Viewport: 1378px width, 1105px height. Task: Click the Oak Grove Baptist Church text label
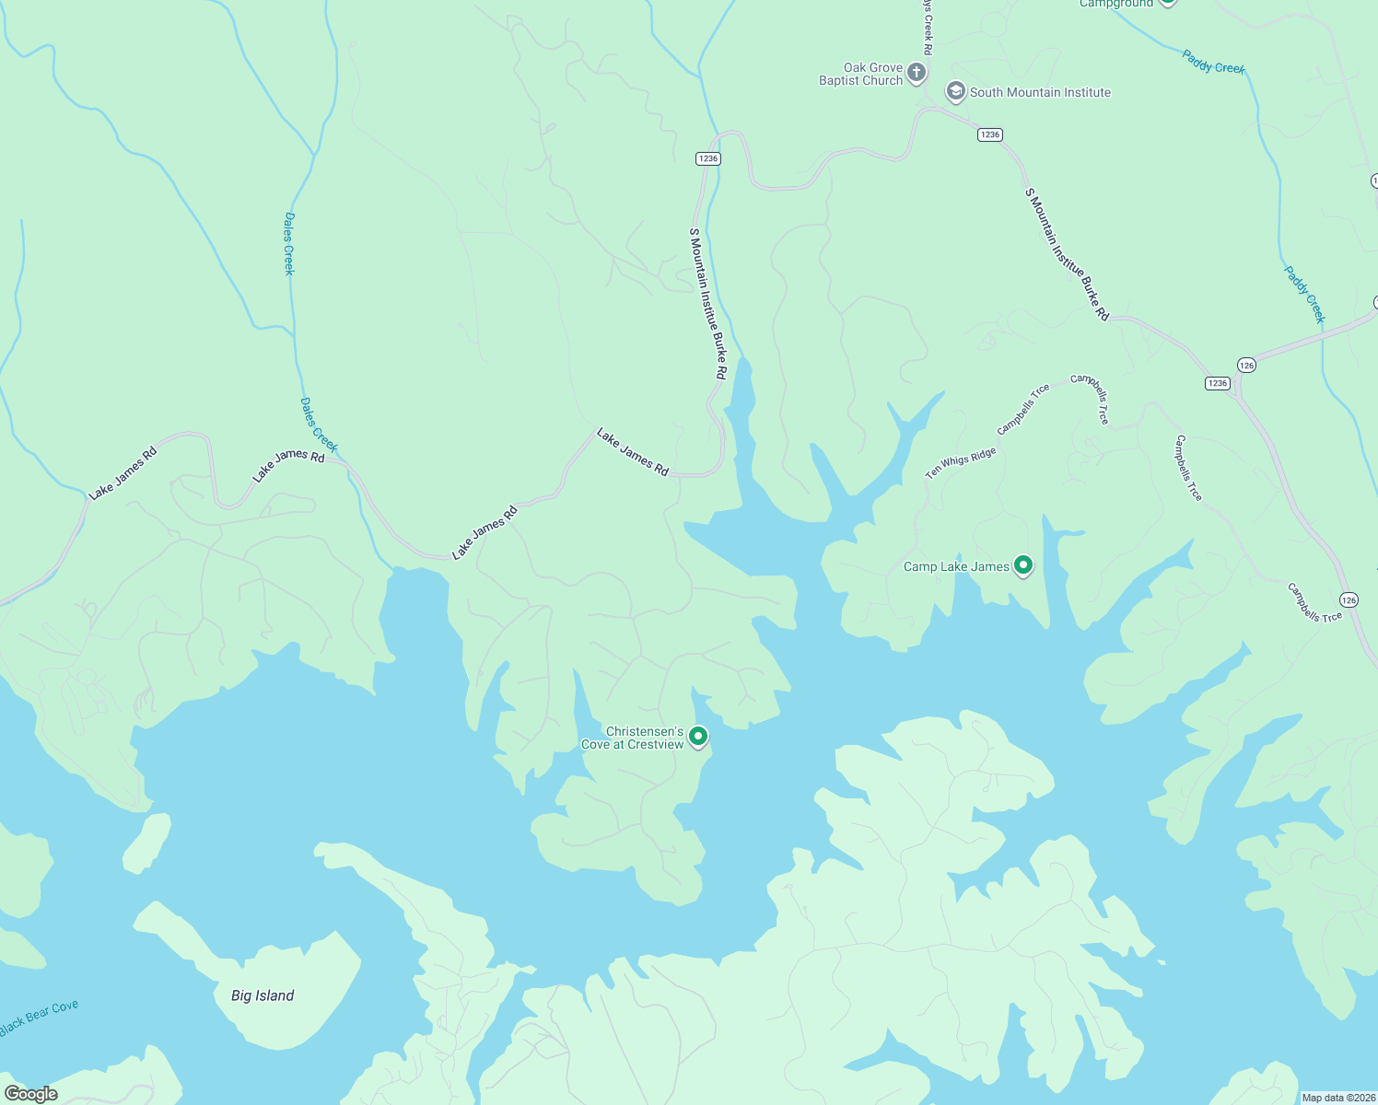pyautogui.click(x=860, y=74)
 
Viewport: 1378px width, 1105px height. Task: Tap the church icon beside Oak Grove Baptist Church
pyautogui.click(x=916, y=73)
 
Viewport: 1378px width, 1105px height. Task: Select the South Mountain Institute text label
pyautogui.click(x=1040, y=92)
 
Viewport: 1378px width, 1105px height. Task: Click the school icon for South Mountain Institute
pyautogui.click(x=955, y=91)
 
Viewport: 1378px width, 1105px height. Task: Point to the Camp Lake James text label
pyautogui.click(x=956, y=566)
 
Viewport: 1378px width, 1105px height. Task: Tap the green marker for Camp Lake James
pyautogui.click(x=1022, y=564)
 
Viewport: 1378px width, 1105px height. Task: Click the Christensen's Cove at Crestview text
pyautogui.click(x=632, y=738)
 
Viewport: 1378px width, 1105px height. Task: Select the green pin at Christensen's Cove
pyautogui.click(x=698, y=736)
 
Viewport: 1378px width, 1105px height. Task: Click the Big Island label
pyautogui.click(x=263, y=995)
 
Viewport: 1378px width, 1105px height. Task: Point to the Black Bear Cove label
pyautogui.click(x=40, y=1018)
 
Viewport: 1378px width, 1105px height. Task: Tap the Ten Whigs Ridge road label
pyautogui.click(x=961, y=463)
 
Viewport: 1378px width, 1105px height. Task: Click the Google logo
pyautogui.click(x=30, y=1094)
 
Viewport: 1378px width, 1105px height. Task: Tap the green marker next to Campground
pyautogui.click(x=1167, y=3)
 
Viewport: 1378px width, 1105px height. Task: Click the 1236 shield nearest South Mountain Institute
pyautogui.click(x=989, y=134)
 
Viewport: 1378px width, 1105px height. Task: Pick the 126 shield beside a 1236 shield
pyautogui.click(x=1246, y=366)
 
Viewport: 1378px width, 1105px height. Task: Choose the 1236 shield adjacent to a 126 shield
pyautogui.click(x=1218, y=383)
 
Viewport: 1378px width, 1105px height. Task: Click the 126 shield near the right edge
pyautogui.click(x=1349, y=599)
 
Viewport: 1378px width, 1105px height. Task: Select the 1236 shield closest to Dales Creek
pyautogui.click(x=707, y=158)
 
